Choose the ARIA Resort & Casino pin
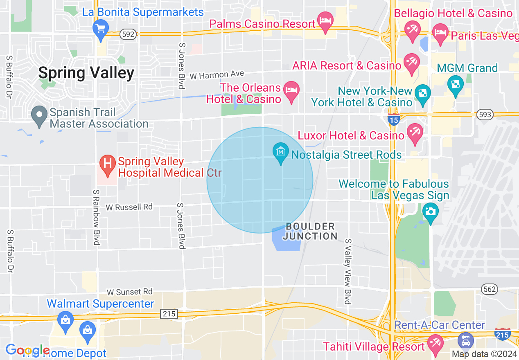[x=411, y=63]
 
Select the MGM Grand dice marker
[x=455, y=85]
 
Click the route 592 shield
[x=128, y=35]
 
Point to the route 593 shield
[x=485, y=115]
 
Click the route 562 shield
[x=490, y=289]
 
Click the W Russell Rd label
[x=129, y=207]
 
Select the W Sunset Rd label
[x=129, y=292]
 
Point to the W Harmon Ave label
[x=217, y=75]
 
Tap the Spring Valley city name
[x=86, y=73]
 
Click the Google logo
[x=27, y=350]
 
